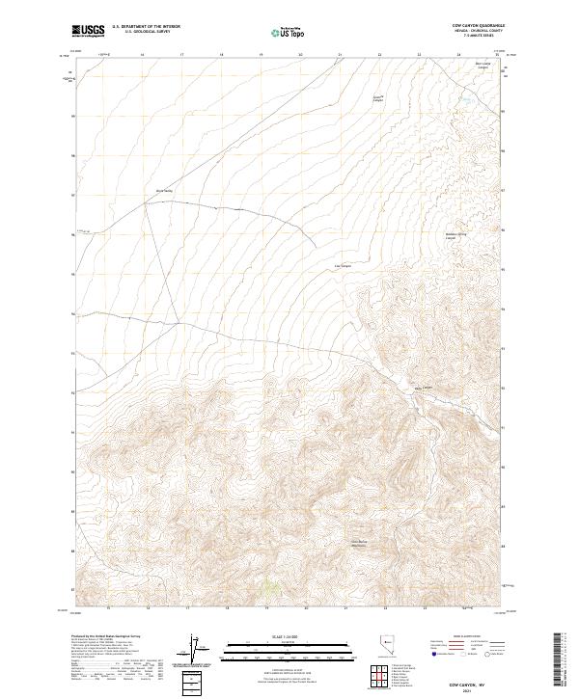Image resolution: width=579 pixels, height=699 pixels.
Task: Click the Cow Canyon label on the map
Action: pos(343,266)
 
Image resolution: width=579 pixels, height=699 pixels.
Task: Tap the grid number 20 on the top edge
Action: pos(301,56)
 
